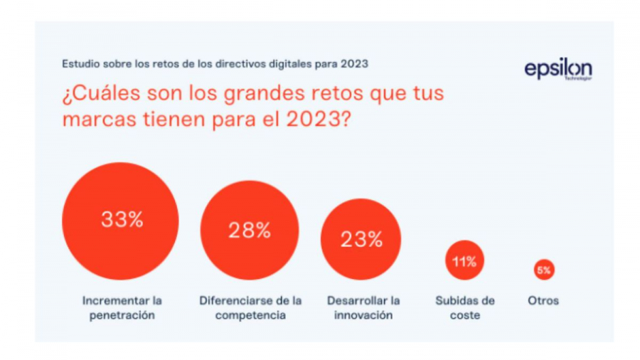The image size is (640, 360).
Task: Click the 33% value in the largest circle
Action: (122, 220)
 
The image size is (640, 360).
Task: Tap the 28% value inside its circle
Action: (249, 230)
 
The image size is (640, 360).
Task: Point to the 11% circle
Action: (464, 262)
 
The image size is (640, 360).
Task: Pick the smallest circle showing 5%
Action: (543, 270)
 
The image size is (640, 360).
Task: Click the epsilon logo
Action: (558, 70)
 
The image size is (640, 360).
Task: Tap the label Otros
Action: (543, 301)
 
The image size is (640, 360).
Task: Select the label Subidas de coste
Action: (464, 307)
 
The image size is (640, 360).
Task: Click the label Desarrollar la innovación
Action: (363, 307)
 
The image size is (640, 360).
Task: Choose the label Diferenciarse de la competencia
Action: (250, 307)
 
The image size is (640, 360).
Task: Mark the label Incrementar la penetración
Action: (122, 307)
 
